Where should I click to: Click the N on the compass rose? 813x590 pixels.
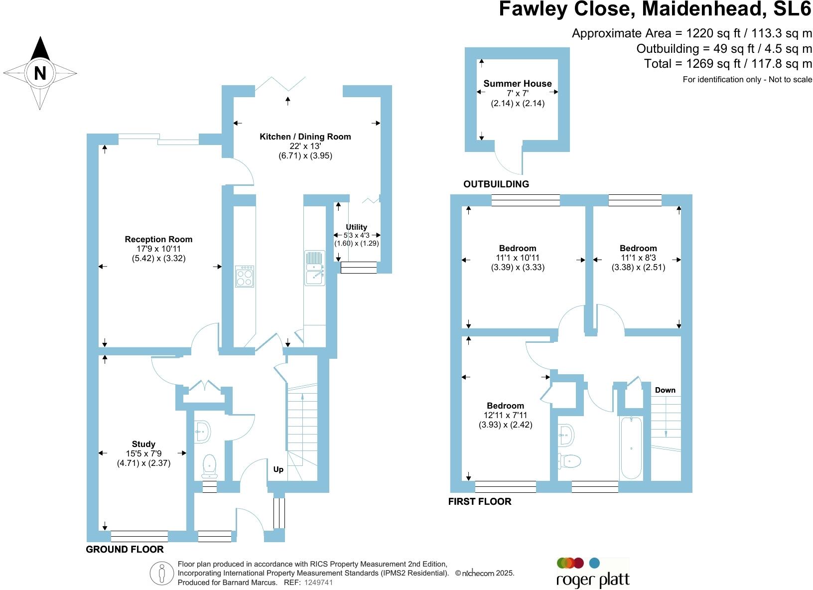pyautogui.click(x=40, y=73)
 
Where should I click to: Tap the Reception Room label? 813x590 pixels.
pyautogui.click(x=158, y=239)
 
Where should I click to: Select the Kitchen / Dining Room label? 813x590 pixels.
pyautogui.click(x=305, y=137)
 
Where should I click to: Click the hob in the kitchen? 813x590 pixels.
pyautogui.click(x=245, y=276)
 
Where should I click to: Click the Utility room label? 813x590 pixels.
pyautogui.click(x=356, y=227)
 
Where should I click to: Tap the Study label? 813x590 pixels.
pyautogui.click(x=143, y=444)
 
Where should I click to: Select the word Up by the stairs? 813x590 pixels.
pyautogui.click(x=278, y=469)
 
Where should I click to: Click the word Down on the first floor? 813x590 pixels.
pyautogui.click(x=665, y=390)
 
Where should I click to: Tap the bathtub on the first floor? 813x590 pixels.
pyautogui.click(x=631, y=448)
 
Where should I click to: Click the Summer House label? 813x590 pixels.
pyautogui.click(x=518, y=83)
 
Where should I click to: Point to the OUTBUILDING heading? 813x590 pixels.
pyautogui.click(x=496, y=184)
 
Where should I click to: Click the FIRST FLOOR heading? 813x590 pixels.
pyautogui.click(x=480, y=501)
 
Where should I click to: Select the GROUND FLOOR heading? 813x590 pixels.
pyautogui.click(x=125, y=549)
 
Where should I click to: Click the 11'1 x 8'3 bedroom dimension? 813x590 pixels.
pyautogui.click(x=638, y=258)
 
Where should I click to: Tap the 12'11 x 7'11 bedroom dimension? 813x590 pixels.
pyautogui.click(x=506, y=415)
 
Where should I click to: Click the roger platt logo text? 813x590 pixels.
pyautogui.click(x=593, y=580)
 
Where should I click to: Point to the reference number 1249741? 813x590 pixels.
pyautogui.click(x=318, y=582)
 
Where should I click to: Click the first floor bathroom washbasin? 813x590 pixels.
pyautogui.click(x=567, y=435)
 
